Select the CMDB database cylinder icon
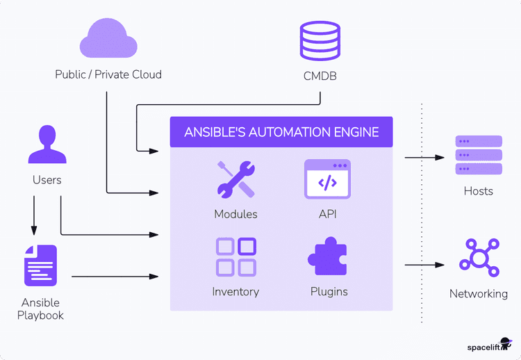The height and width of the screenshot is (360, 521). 320,40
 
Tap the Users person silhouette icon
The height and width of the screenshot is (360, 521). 47,145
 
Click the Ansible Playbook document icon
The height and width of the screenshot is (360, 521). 40,265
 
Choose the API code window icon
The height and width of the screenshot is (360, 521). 327,179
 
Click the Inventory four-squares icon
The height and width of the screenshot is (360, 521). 235,256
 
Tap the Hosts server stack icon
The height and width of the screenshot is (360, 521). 478,155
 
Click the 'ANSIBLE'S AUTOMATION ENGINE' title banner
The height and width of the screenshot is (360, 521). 281,132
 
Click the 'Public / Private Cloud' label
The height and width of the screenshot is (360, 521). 108,74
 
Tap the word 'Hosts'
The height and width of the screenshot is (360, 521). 478,191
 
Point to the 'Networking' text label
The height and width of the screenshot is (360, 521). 478,294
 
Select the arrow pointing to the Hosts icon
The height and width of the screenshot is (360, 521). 424,158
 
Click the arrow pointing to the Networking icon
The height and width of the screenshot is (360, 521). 424,265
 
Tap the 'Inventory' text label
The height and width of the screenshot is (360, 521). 235,292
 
